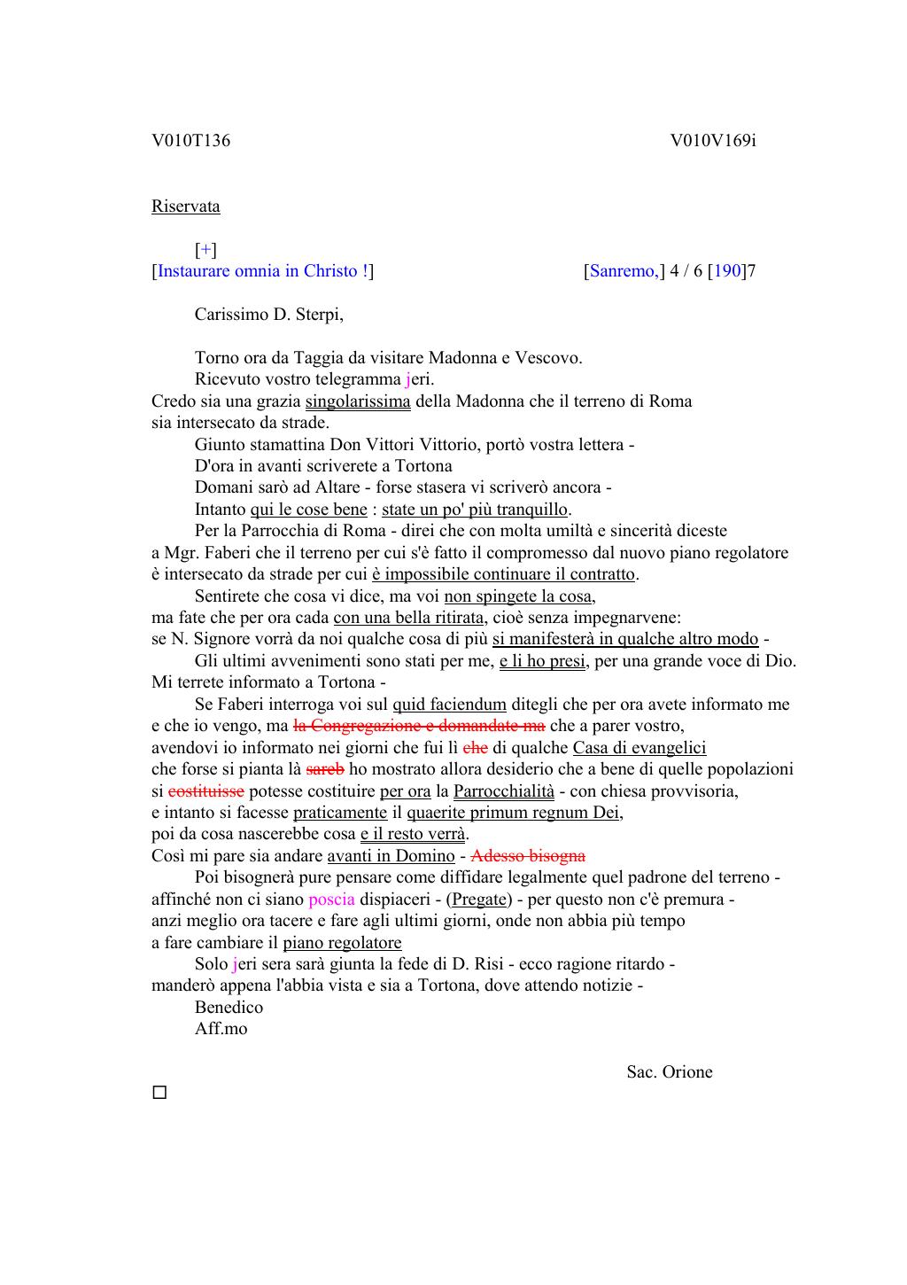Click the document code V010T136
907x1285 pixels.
point(190,141)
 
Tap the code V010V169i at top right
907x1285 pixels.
point(712,141)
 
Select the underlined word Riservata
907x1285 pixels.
point(185,206)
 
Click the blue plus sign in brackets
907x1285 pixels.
point(205,250)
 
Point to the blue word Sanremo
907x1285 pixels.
point(623,271)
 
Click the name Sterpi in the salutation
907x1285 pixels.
point(314,315)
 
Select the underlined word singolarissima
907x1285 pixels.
point(358,401)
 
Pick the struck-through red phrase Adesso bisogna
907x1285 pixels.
point(528,856)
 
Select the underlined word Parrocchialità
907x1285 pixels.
point(503,791)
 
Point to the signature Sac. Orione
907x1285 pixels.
point(669,1072)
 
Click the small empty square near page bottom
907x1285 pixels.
point(159,1093)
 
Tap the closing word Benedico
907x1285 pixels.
point(229,1008)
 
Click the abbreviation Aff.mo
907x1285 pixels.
point(221,1029)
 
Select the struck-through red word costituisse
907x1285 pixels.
point(205,791)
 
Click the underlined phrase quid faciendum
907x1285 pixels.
point(449,705)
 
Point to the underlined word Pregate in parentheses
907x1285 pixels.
point(479,899)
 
